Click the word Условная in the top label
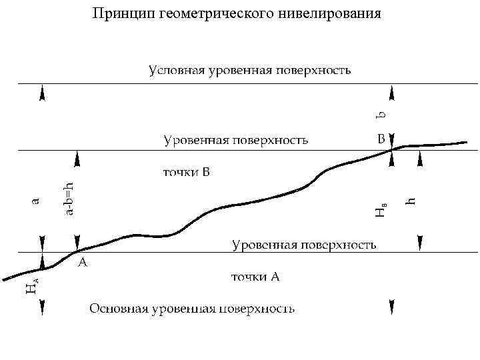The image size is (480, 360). point(176,70)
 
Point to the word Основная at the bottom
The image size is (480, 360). point(118,309)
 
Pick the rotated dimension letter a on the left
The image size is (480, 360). point(36,198)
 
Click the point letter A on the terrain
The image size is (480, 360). point(83,263)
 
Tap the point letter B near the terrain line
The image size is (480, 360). point(380,140)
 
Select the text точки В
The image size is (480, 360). point(187,173)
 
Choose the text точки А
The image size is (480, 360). point(255,277)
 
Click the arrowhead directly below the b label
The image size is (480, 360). point(392,139)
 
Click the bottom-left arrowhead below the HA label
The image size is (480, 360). point(43,307)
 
